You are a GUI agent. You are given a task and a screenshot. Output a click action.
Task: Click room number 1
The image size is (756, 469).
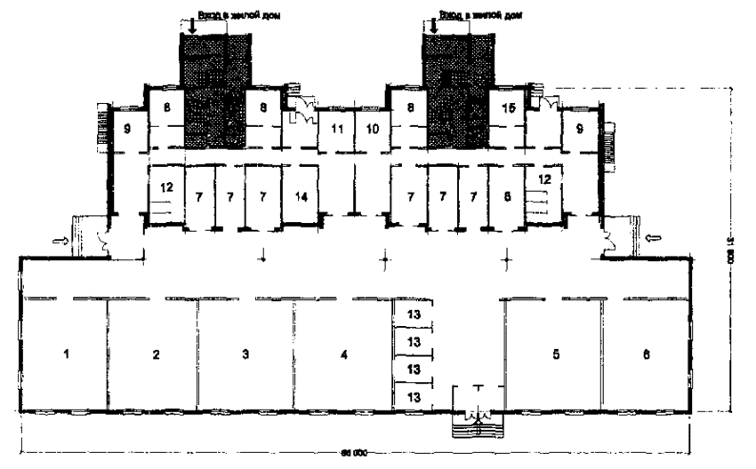tap(67, 355)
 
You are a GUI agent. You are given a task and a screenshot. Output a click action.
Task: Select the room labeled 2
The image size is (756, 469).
tap(155, 355)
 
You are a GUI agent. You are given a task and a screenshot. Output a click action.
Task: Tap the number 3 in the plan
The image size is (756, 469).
tap(246, 355)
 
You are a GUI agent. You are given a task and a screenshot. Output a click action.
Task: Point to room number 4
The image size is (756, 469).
tap(342, 355)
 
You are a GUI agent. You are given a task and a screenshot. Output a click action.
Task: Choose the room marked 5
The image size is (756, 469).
tap(554, 355)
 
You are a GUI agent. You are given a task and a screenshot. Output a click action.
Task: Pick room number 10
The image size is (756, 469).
tap(373, 127)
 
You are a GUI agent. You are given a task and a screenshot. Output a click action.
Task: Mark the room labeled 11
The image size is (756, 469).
tap(336, 127)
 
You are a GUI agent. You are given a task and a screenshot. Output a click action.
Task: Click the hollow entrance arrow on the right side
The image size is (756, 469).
tap(652, 235)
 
